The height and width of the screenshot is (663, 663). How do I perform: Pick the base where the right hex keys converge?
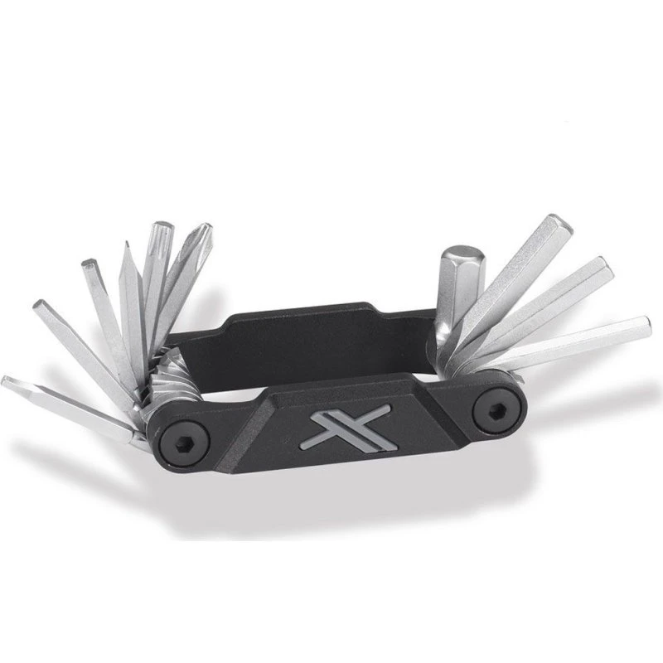[456, 348]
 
